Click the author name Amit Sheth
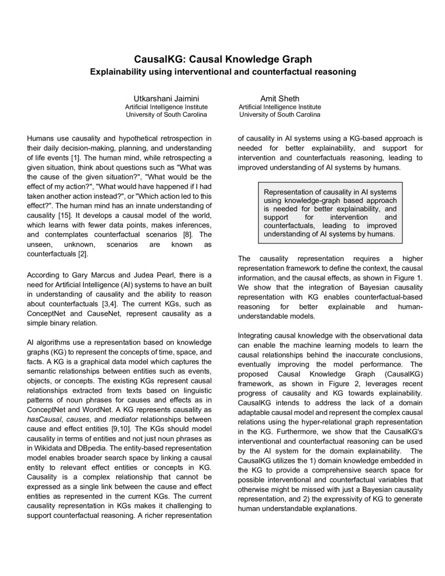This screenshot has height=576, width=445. click(280, 98)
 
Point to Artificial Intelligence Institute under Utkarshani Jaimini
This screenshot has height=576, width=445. click(166, 107)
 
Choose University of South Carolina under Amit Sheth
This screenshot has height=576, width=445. click(280, 115)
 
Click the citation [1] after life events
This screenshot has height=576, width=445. click(75, 158)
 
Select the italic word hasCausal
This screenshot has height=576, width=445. click(43, 418)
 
